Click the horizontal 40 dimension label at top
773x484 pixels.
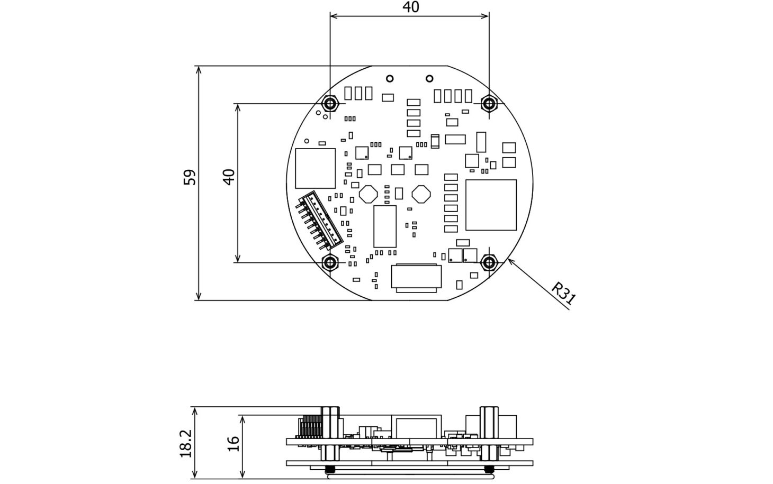point(411,7)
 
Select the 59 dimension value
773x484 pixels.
point(190,177)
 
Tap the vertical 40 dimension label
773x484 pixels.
point(229,177)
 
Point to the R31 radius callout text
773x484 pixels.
point(563,294)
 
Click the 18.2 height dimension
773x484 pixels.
point(186,443)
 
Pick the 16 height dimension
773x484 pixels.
point(233,444)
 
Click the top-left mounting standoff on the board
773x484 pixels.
point(330,103)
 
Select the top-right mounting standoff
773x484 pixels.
point(489,103)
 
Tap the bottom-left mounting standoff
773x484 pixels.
point(330,263)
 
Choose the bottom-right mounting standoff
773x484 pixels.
point(489,263)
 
